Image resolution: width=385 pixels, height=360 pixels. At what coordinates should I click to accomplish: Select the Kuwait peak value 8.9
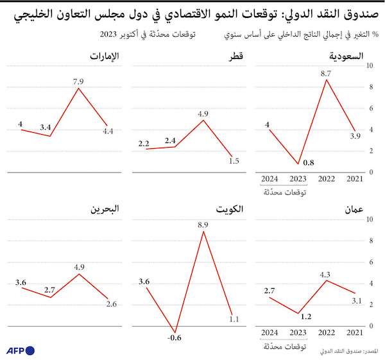coord(203,225)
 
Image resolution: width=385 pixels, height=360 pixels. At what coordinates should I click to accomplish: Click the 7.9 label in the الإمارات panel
coord(79,81)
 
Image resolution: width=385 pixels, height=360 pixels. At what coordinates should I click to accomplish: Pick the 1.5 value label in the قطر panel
coord(235,161)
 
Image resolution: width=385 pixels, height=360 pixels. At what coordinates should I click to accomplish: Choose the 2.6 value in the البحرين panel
coord(110,304)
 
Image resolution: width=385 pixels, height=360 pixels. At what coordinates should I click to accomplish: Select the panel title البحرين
coord(103,210)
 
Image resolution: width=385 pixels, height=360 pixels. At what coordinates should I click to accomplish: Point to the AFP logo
coord(20,350)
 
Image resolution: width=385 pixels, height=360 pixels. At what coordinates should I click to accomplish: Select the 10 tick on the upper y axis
coord(369,65)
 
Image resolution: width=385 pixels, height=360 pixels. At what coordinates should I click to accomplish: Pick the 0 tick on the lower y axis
coord(369,325)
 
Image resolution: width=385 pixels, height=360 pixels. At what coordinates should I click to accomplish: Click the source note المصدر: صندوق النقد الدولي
coord(348,351)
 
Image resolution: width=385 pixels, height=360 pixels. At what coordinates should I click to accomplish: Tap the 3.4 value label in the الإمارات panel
coord(46,128)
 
